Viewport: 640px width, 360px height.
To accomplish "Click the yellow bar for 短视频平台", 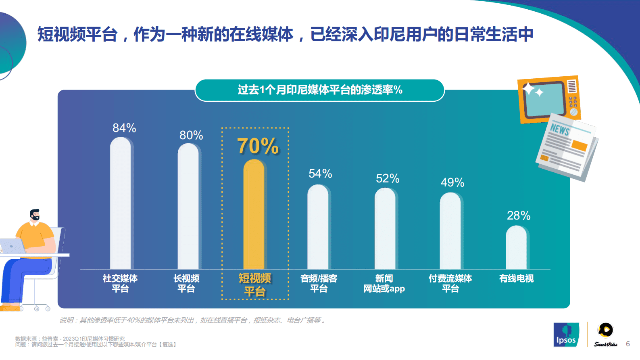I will (254, 214).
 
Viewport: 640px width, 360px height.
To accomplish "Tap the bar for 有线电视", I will (516, 247).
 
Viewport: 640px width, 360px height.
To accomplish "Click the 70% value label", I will (258, 146).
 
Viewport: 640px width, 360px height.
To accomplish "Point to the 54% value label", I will (320, 174).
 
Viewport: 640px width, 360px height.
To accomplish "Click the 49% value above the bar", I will (452, 182).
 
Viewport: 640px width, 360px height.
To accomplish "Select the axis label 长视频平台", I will (186, 283).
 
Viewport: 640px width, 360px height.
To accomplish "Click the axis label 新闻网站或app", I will (384, 283).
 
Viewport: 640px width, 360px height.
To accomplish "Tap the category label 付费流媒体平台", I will (450, 283).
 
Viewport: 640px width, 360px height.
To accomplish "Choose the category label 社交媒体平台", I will (120, 283).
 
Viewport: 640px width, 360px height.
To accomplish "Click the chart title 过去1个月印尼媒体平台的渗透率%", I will (320, 90).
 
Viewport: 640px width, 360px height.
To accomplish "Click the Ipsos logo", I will (566, 335).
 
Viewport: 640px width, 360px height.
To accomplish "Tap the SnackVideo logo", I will (605, 335).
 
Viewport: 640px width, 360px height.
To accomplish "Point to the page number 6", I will (627, 344).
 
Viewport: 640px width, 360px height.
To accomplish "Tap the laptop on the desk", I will (12, 246).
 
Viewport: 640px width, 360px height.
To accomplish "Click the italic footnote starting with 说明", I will (193, 320).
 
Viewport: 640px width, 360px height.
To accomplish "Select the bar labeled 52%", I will (385, 228).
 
